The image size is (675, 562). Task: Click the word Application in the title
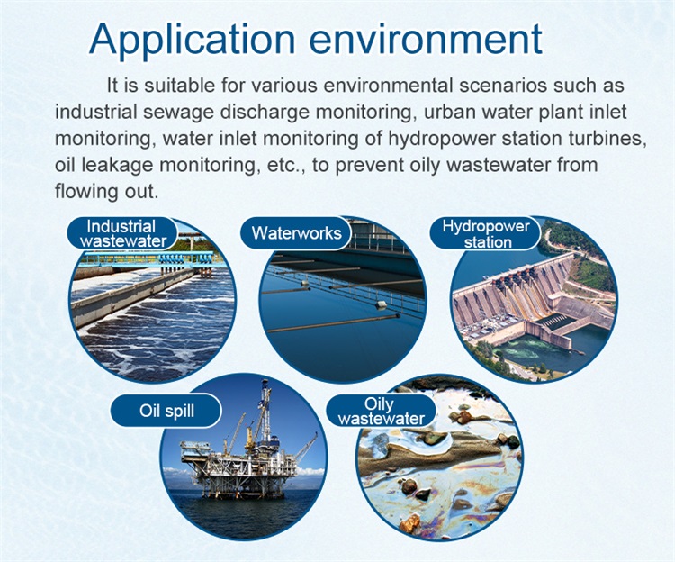[x=192, y=40]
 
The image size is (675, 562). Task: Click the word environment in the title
[x=426, y=40]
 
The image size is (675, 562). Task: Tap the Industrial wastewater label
[x=122, y=233]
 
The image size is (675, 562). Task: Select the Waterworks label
[x=296, y=233]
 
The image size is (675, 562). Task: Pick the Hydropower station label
[x=486, y=234]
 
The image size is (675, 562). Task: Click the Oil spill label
[x=166, y=411]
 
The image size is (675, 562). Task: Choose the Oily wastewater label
[x=381, y=412]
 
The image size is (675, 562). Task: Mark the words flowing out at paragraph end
[x=107, y=192]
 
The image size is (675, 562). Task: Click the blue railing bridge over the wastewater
[x=150, y=259]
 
